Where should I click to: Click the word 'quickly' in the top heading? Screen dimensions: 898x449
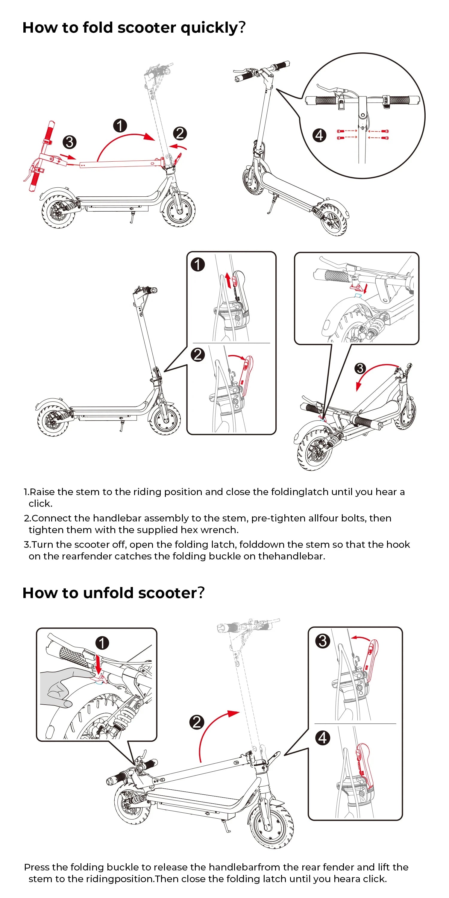tap(208, 28)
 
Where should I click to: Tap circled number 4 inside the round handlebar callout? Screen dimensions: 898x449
tap(319, 135)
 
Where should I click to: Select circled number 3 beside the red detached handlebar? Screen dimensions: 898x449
tap(69, 142)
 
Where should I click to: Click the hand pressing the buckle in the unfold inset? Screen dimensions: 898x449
tap(63, 685)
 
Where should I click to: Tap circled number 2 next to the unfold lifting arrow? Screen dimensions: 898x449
tap(197, 722)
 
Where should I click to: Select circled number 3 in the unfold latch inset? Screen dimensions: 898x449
tap(322, 641)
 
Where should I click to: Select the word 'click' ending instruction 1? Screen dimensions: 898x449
tap(40, 504)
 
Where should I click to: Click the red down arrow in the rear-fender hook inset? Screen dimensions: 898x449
tap(365, 289)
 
